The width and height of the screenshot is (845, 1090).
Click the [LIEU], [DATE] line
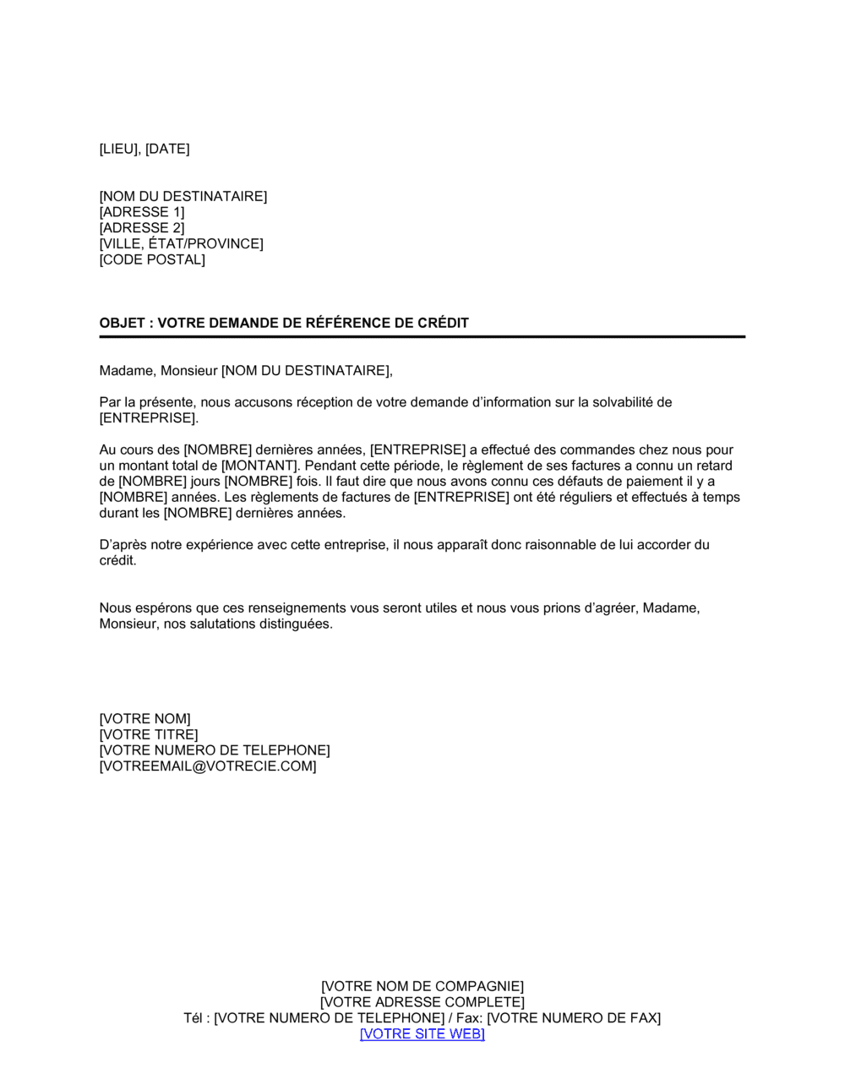click(x=144, y=149)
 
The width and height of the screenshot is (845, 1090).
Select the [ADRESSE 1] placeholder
click(x=142, y=212)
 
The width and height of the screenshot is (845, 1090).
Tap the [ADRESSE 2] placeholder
click(x=142, y=228)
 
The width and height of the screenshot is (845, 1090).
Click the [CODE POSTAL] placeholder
click(x=152, y=259)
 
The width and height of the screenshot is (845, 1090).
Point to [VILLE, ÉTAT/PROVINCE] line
click(x=181, y=244)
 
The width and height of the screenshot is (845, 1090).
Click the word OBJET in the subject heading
click(x=122, y=323)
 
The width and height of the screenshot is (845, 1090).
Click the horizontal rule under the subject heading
click(x=422, y=337)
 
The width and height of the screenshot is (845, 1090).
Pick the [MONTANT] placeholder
click(x=260, y=466)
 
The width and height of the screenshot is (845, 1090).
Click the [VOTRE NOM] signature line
click(x=144, y=719)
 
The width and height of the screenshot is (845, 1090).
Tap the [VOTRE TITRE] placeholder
click(x=149, y=735)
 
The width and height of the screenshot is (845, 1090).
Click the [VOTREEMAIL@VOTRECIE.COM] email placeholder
click(x=208, y=766)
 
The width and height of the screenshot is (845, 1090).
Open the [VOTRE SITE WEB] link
click(x=422, y=1034)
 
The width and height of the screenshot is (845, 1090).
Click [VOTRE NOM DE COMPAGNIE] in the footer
click(x=422, y=986)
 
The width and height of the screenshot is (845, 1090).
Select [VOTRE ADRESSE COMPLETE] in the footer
click(x=422, y=1002)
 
